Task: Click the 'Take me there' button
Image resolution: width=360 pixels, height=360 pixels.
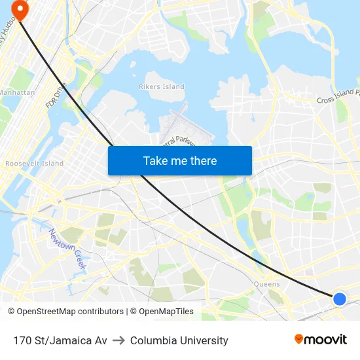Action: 180,160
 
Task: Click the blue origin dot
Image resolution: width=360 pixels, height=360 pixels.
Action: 339,299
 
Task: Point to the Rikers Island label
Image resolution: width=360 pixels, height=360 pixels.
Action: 162,86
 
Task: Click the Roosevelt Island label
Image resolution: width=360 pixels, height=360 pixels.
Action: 34,163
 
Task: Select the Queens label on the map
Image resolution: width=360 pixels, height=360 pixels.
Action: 266,284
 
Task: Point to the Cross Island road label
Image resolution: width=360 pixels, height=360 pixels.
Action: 338,99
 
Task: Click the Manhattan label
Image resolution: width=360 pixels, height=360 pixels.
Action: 17,92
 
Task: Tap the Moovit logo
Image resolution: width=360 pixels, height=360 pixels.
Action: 320,340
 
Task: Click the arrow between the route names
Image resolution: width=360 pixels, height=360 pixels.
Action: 118,340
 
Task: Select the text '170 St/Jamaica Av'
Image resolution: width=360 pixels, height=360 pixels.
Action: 60,340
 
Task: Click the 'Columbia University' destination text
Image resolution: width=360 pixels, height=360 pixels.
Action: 179,340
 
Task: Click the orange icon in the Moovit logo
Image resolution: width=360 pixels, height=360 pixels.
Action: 299,339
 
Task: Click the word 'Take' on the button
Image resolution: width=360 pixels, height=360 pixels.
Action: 154,160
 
